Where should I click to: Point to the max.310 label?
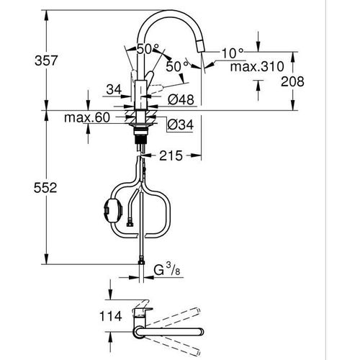click(x=254, y=67)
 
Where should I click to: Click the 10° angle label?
click(x=233, y=52)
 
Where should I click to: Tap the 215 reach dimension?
click(x=171, y=154)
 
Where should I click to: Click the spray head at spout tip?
click(x=202, y=51)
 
